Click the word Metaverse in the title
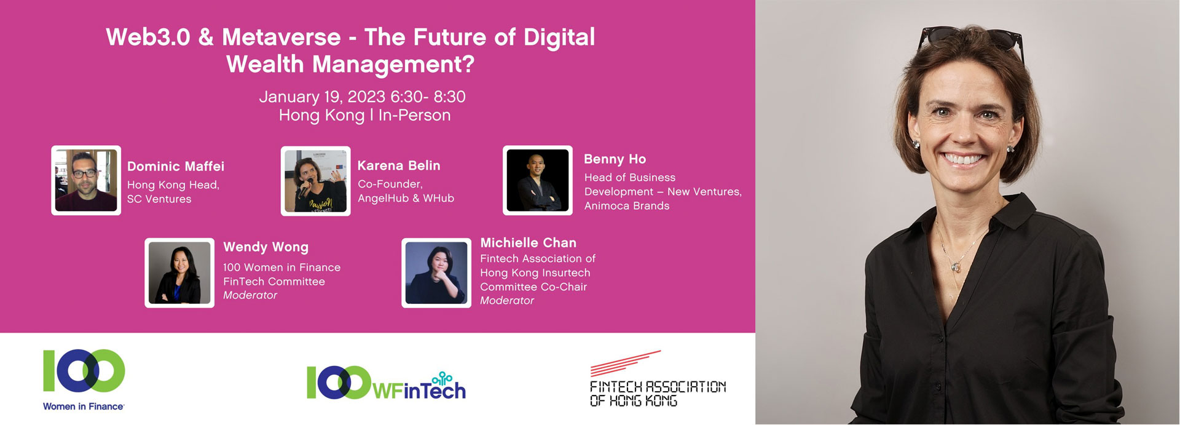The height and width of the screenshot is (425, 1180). [281, 38]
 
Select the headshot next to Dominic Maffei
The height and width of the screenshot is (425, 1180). [86, 180]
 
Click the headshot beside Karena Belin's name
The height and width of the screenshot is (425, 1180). [315, 181]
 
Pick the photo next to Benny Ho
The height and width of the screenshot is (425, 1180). [538, 180]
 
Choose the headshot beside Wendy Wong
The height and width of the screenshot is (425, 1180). [179, 273]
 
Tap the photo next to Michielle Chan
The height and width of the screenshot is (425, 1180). [436, 273]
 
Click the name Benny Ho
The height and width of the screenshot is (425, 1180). [615, 159]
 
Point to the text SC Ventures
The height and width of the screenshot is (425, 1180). [159, 199]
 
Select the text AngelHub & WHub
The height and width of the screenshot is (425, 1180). [406, 198]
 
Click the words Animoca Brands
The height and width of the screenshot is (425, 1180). [627, 206]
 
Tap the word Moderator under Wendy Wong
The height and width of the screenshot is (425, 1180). [250, 295]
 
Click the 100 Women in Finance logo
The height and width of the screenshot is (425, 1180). [84, 380]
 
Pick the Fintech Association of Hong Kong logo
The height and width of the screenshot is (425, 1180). [658, 379]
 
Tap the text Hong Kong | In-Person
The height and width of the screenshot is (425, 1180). [364, 116]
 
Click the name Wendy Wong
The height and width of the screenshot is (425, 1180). [265, 247]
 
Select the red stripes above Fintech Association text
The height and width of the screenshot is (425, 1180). [626, 363]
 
